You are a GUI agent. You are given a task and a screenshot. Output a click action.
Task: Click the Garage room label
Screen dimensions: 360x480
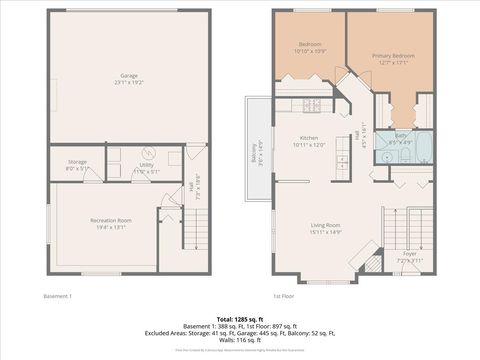tap(129, 74)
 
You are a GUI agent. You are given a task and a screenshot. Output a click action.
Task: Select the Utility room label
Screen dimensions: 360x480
tap(146, 163)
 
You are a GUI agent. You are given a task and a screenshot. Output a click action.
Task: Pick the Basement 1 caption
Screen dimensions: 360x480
tap(58, 296)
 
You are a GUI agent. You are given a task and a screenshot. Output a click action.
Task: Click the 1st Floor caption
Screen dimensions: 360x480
tap(285, 296)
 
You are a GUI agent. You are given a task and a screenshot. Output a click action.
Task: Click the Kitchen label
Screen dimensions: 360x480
tap(309, 140)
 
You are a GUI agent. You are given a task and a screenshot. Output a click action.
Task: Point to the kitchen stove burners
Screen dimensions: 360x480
tap(311, 104)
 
